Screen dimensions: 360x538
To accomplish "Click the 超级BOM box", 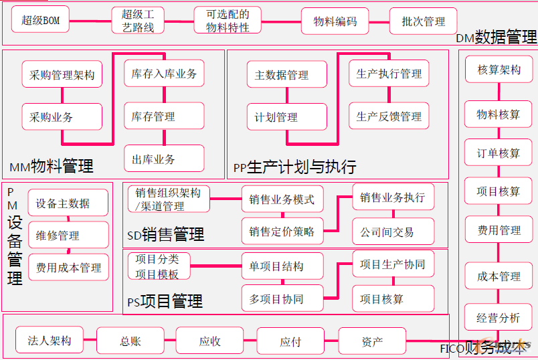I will tap(41, 21).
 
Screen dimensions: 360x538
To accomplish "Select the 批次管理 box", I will tap(423, 21).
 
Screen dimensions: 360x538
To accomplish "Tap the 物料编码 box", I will tap(335, 21).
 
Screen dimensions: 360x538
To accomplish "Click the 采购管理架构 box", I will tap(62, 75).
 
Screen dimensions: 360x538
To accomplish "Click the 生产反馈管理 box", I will tap(389, 116).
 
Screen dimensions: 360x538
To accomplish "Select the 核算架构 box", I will tap(499, 70).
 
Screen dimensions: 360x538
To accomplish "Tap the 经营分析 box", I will tap(499, 318).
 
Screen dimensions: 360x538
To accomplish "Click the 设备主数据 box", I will tap(68, 203).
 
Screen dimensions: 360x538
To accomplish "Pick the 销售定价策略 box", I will tap(282, 232).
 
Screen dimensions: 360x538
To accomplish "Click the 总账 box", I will tap(130, 341).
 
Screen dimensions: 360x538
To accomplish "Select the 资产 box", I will tap(372, 341).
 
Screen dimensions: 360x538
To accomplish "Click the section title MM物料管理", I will tap(52, 165).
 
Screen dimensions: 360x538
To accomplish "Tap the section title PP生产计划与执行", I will tap(294, 167).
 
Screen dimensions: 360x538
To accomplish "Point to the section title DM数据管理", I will tap(497, 37).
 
